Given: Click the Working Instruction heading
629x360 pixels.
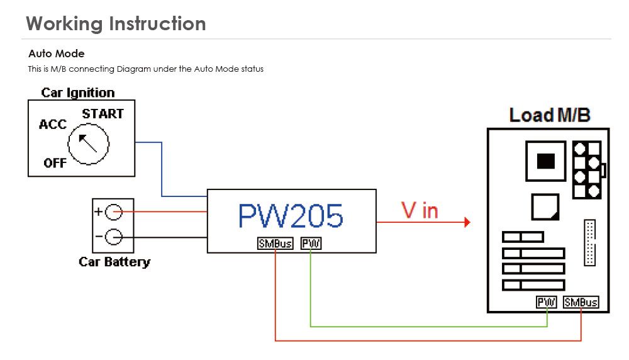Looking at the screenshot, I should tap(116, 23).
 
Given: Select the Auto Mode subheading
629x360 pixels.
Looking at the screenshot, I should tap(56, 53).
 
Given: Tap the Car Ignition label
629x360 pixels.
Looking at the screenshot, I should tap(78, 93).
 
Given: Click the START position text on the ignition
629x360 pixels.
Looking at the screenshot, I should tap(103, 114).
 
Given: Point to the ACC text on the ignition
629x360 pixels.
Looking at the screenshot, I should tap(52, 124).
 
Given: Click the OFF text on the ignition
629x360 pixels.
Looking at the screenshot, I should tap(55, 163).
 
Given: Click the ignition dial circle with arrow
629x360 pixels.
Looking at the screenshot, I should tap(88, 143).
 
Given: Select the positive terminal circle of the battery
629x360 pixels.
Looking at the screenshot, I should tap(113, 212).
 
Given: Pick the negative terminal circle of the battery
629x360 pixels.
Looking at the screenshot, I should tap(113, 237).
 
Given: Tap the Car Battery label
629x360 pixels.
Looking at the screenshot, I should tap(114, 261).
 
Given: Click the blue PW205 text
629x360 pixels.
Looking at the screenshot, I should tap(291, 216).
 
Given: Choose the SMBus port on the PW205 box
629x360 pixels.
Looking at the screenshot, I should tap(275, 244).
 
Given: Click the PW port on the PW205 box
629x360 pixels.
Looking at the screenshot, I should tap(311, 244).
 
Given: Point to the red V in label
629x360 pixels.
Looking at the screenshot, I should tap(420, 211).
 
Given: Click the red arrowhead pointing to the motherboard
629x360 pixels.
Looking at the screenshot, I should tap(466, 222).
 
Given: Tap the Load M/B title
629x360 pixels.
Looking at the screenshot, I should tap(549, 115).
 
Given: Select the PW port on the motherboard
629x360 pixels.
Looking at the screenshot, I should tap(547, 302).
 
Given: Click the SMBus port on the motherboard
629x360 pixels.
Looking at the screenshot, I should tap(581, 302).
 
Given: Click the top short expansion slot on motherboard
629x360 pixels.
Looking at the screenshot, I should tap(523, 237).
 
